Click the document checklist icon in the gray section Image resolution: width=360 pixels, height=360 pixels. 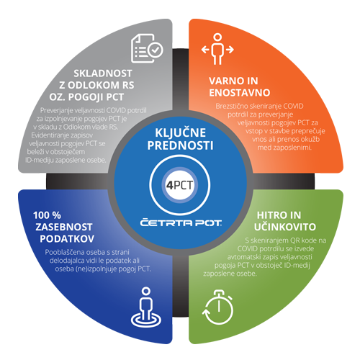click(x=147, y=49)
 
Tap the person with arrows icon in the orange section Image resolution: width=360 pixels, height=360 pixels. click(x=217, y=49)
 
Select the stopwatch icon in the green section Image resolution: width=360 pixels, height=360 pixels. click(x=218, y=307)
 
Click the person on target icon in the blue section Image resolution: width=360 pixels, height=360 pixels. click(x=146, y=307)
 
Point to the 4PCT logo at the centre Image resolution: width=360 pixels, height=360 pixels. click(x=180, y=185)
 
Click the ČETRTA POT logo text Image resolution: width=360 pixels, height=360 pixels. click(x=181, y=222)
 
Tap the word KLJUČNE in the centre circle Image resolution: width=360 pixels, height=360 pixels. click(x=180, y=133)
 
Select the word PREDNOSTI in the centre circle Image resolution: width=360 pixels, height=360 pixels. click(x=180, y=145)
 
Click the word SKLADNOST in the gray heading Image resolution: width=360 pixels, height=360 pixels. click(x=103, y=73)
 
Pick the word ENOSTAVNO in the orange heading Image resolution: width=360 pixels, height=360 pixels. click(x=240, y=93)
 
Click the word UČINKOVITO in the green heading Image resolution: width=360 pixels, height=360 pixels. click(x=285, y=227)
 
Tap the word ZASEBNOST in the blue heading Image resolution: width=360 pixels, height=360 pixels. click(x=64, y=227)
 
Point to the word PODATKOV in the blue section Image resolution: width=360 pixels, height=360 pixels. click(x=67, y=239)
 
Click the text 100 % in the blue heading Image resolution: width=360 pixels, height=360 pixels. click(x=47, y=215)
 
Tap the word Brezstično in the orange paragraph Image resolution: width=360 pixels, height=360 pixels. click(x=232, y=106)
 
